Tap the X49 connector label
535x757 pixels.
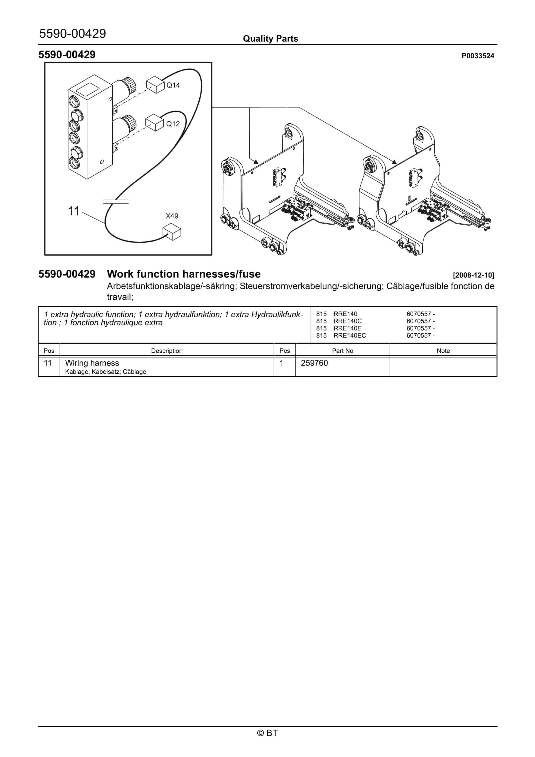[172, 216]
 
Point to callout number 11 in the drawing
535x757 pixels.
[74, 211]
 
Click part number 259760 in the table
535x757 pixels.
[314, 363]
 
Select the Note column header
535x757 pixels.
[443, 351]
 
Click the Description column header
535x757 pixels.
[167, 351]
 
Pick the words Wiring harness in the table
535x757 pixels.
[92, 363]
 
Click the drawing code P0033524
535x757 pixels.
[478, 56]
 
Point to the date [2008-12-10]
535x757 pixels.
[473, 275]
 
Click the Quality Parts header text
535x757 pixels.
[270, 39]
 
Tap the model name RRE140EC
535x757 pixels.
[350, 336]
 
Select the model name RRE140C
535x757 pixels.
[348, 321]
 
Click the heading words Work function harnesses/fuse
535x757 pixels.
[184, 274]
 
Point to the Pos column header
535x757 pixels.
[49, 351]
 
